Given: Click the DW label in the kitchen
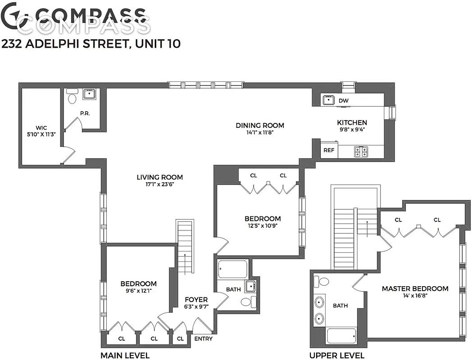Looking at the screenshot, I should (343, 101).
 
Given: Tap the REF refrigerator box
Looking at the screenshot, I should (329, 150).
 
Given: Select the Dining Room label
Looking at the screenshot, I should (260, 125).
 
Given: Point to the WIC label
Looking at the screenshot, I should (41, 127).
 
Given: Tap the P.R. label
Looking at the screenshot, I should (85, 113).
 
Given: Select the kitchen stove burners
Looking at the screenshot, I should (360, 152).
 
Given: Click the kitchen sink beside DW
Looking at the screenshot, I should (327, 100).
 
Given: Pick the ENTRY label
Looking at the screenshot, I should (203, 339).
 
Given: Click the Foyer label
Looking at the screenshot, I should (196, 299).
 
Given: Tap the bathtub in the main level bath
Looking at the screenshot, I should (232, 270).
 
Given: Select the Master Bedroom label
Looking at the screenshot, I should (415, 288).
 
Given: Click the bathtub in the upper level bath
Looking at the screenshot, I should (341, 336).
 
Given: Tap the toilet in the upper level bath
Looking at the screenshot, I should (322, 282).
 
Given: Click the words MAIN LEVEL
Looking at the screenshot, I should (125, 355).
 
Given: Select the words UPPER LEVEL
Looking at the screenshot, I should (337, 355).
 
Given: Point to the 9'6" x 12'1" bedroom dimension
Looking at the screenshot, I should (138, 291).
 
